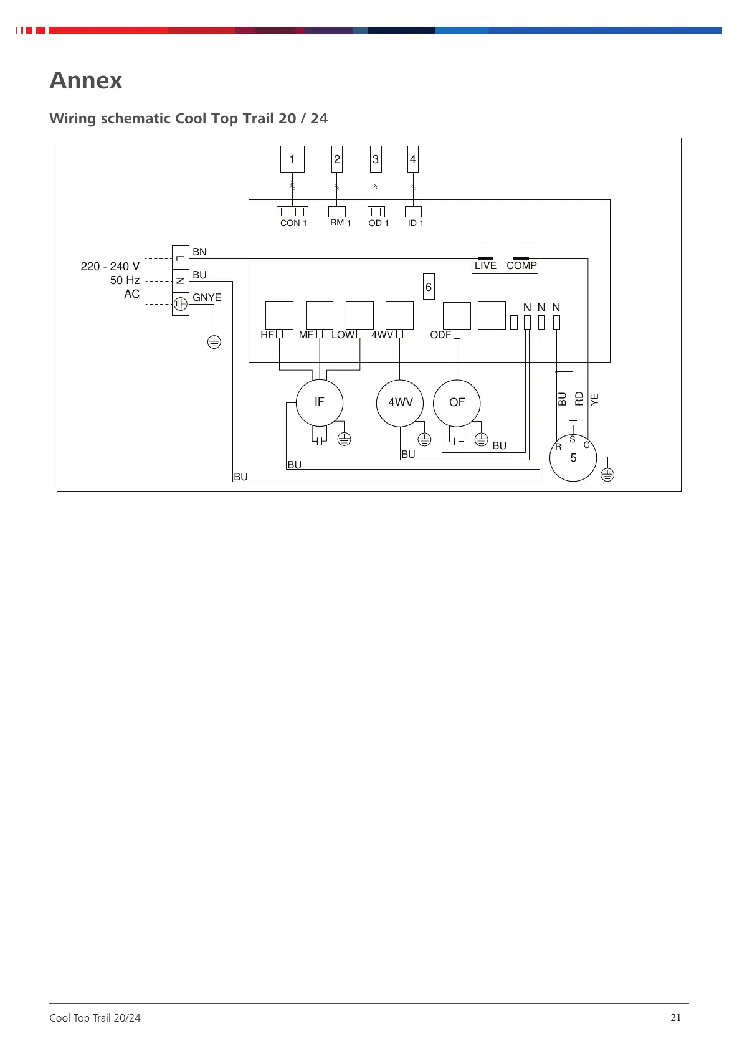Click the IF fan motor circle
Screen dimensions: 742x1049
319,402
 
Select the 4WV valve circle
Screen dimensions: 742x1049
400,402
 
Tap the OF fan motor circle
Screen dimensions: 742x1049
457,402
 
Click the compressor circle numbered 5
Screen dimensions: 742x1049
573,458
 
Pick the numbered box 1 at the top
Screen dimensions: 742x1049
292,159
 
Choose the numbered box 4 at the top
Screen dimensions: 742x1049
412,159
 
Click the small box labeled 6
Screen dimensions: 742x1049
429,287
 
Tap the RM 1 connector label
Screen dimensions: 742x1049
340,223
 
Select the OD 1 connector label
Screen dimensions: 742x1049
378,223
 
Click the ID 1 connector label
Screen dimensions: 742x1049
416,223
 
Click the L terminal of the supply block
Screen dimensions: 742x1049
180,258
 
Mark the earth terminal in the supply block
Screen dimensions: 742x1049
180,304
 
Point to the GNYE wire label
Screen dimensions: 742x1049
207,298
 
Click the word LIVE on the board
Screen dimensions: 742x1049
485,266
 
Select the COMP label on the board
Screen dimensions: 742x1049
521,266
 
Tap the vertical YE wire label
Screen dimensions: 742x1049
594,399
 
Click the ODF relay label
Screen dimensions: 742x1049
440,335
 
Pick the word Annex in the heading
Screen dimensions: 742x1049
86,80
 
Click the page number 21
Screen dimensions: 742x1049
676,1018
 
